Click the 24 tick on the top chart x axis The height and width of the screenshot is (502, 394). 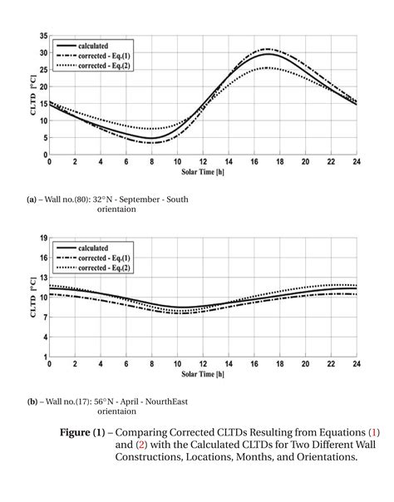click(356, 161)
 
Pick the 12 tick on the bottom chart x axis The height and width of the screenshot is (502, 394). click(203, 365)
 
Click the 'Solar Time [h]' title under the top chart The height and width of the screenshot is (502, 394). click(204, 171)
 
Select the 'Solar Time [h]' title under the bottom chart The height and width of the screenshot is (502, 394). click(204, 375)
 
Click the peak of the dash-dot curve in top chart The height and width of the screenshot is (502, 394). click(266, 49)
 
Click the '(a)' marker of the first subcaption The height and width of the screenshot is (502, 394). click(32, 199)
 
